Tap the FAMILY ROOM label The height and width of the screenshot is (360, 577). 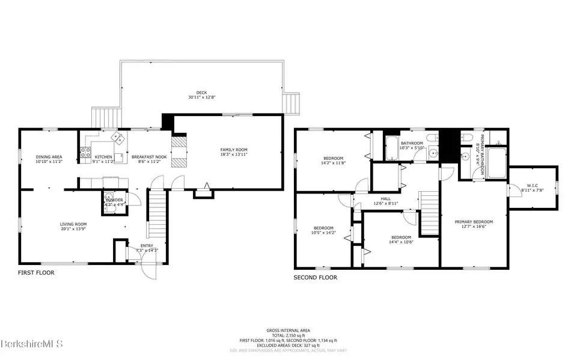coord(234,150)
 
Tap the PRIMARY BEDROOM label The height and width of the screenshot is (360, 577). coord(473,222)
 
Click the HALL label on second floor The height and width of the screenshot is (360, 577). coord(386,198)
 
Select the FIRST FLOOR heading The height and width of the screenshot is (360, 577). coord(36,272)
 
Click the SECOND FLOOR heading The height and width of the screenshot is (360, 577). coord(315,278)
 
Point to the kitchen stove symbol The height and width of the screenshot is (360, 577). coord(85,151)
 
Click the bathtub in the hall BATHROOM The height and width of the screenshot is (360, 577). coord(392,148)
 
